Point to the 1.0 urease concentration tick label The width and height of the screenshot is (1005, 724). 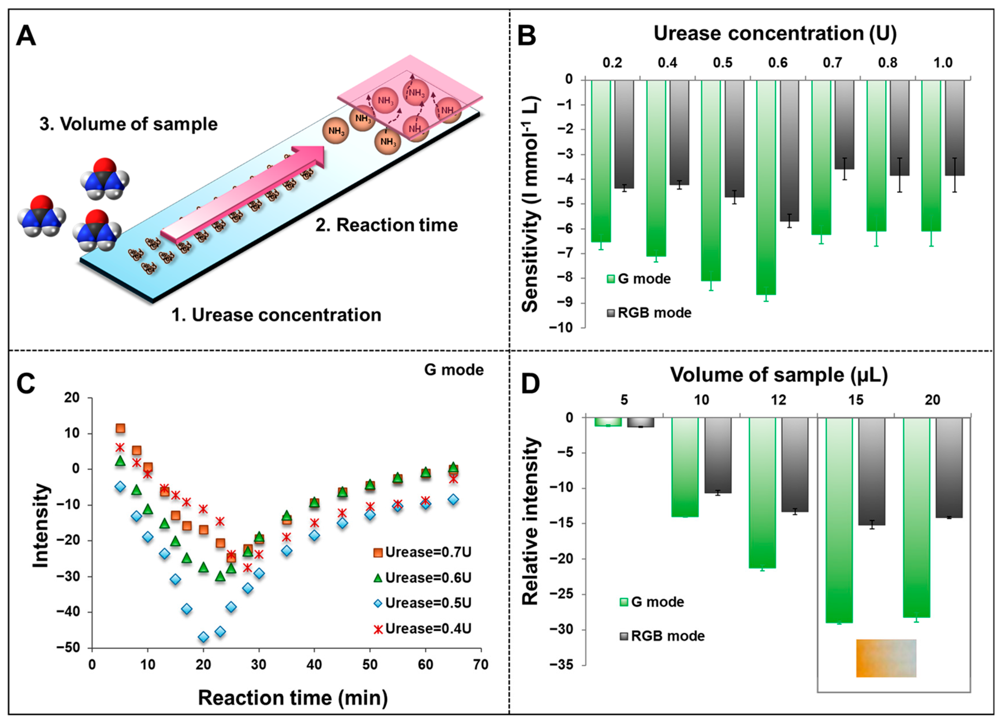click(943, 63)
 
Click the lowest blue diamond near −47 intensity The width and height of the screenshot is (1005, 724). click(203, 637)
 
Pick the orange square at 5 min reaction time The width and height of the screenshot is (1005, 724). click(120, 428)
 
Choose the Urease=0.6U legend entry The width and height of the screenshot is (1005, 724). click(423, 578)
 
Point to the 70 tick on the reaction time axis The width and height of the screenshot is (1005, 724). click(481, 665)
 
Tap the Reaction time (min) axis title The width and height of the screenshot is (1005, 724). click(292, 698)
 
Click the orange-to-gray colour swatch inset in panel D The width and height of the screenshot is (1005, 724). click(886, 658)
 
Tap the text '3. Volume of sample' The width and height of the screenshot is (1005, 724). click(128, 124)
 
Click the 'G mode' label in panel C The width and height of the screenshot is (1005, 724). click(454, 370)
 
